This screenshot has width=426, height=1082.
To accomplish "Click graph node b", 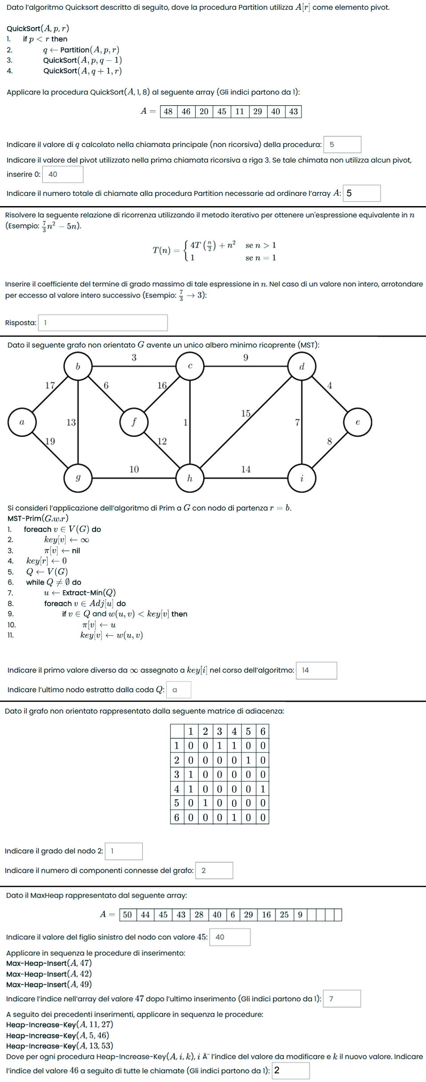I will pos(78,366).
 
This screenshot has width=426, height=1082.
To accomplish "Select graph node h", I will pos(190,478).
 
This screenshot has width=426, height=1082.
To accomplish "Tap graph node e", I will pos(358,422).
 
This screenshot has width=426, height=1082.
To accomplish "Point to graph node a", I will pos(22,422).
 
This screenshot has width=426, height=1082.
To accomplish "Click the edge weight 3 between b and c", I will pos(134,358).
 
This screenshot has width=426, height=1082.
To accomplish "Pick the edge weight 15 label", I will pos(246,414).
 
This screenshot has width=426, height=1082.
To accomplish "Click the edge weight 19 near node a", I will pos(50,441).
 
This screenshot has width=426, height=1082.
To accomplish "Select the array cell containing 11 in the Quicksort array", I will pos(240,111).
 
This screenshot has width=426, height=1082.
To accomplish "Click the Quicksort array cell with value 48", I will pos(168,111).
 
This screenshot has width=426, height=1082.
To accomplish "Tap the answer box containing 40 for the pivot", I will pos(63,174).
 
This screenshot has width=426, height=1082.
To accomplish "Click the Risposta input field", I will pos(103,322).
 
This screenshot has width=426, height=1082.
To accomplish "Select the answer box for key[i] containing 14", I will pos(316,670).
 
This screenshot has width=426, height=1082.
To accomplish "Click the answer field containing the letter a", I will pos(179,690).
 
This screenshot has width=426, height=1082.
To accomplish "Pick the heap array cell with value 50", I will pos(128,915).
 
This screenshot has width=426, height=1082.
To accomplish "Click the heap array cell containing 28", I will pos(199,915).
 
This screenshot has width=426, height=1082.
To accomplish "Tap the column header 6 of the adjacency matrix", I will pos(263,731).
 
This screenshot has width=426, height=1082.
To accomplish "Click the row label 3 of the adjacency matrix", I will pos(177,774).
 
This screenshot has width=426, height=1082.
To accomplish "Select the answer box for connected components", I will pos(214,870).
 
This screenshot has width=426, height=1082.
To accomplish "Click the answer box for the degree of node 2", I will pos(124,851).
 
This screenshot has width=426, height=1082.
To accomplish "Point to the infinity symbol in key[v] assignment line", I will pos(84,540).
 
